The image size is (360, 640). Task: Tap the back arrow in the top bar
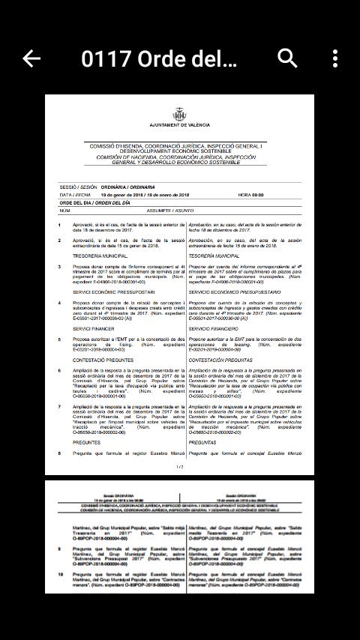[31, 58]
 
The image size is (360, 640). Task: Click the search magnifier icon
[288, 58]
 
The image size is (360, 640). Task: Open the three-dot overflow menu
[335, 58]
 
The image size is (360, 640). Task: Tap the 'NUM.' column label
[64, 211]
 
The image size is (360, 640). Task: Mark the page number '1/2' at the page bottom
[179, 467]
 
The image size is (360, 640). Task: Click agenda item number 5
[60, 339]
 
